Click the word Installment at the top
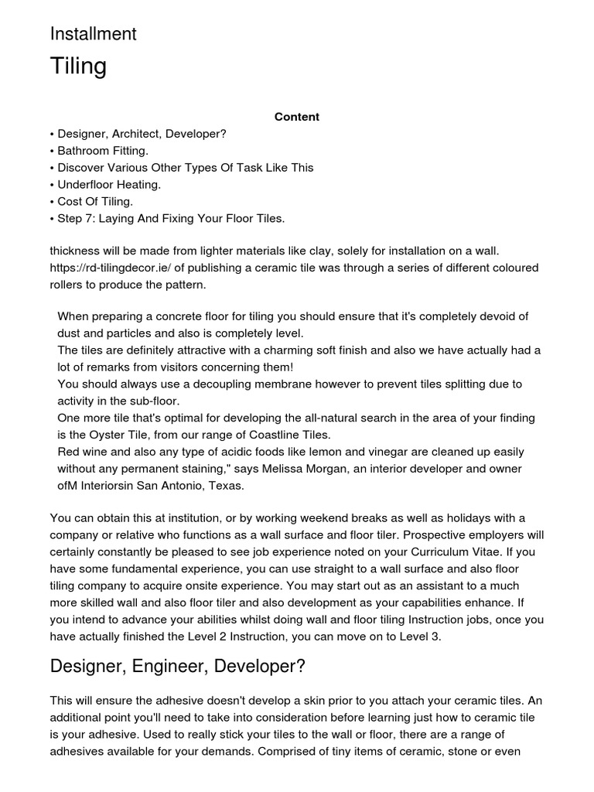[x=93, y=34]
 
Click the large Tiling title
[x=78, y=67]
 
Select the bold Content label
[x=296, y=117]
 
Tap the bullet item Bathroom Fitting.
[x=103, y=150]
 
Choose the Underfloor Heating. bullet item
[x=109, y=184]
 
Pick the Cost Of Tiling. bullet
[x=95, y=201]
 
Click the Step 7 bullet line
[x=171, y=218]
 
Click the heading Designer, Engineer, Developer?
[x=178, y=666]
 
